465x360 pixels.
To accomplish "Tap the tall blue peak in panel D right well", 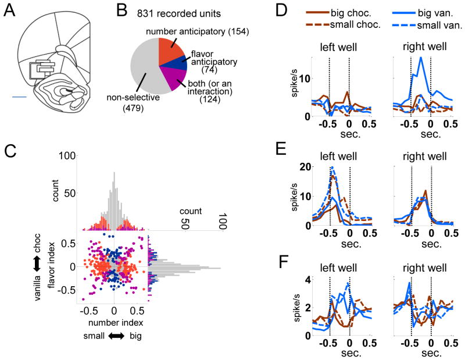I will click(x=421, y=59).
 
